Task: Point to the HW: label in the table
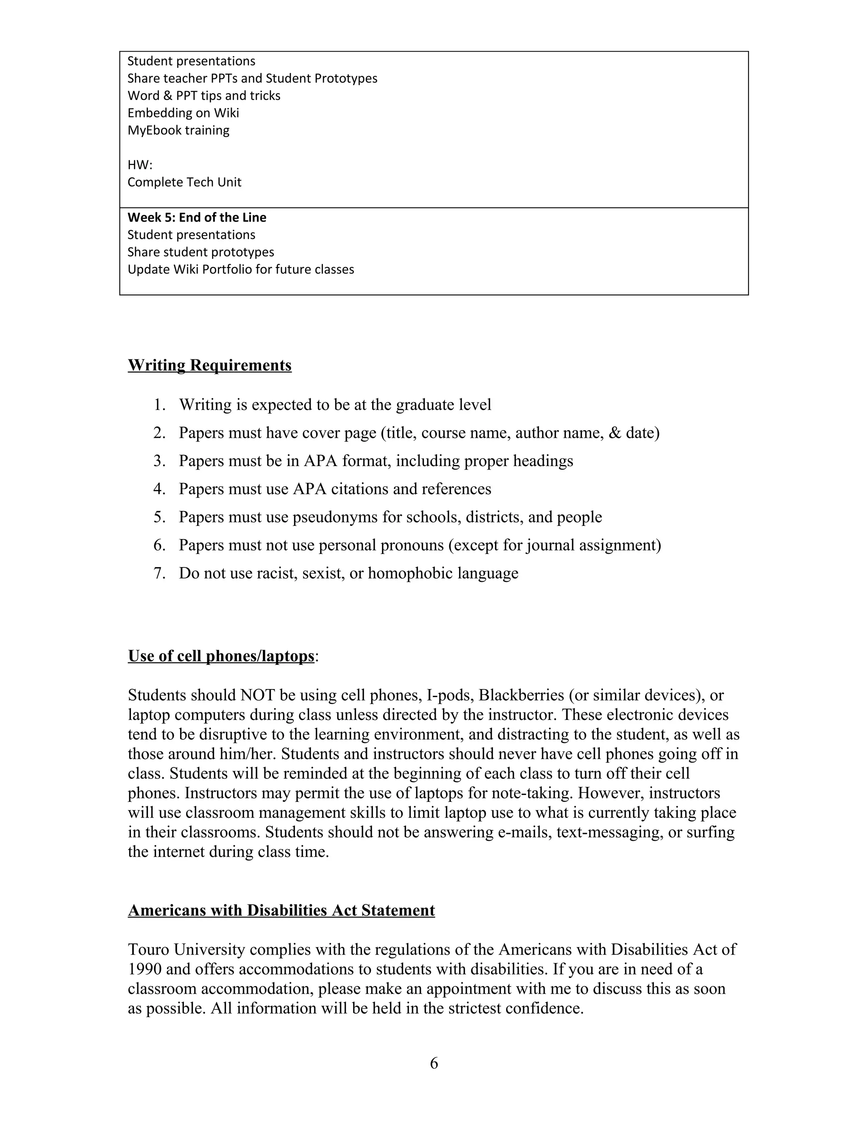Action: point(140,165)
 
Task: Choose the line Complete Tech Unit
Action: point(184,183)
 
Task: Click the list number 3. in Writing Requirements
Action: point(159,461)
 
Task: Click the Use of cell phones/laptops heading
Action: point(221,656)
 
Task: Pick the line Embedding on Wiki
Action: point(183,113)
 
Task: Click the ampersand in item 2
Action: point(615,433)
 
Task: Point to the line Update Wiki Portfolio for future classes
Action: point(241,270)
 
